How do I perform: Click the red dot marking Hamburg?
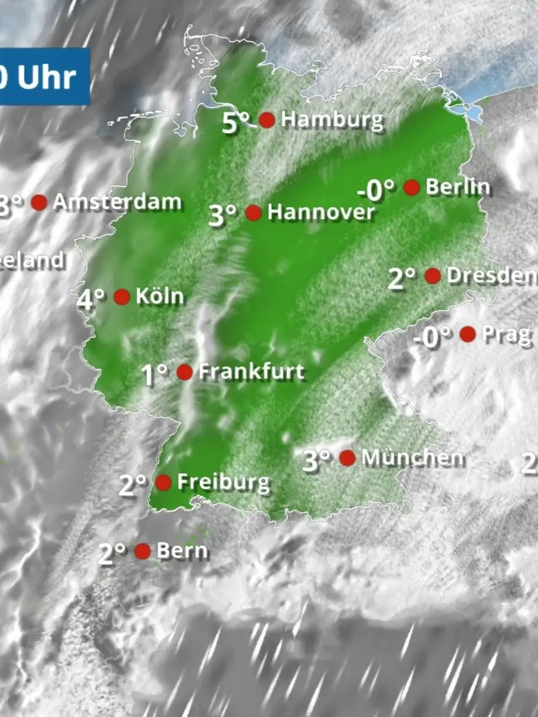267,120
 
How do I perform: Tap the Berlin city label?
457,187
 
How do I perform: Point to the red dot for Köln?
122,297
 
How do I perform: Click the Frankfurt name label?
252,371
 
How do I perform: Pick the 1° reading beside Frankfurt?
154,375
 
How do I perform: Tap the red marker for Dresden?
433,276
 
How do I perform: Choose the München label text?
412,458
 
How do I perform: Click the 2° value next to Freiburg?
132,485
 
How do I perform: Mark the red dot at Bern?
143,551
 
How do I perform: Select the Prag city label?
506,334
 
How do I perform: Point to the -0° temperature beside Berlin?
376,190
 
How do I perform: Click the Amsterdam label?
117,202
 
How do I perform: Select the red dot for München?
347,458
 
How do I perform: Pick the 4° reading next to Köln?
91,299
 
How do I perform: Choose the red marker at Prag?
468,334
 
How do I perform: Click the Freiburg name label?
223,482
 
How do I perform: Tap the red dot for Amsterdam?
39,203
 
